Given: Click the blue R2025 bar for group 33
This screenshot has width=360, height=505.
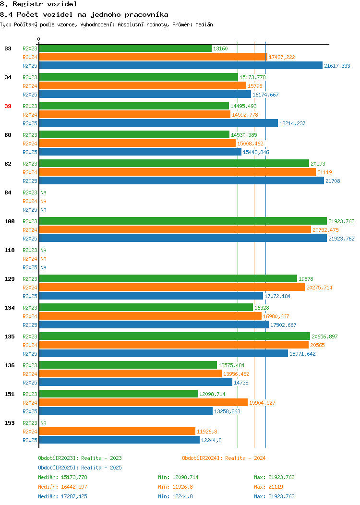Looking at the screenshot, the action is pos(180,65).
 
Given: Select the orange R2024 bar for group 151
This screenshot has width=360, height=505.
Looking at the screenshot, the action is pos(144,402).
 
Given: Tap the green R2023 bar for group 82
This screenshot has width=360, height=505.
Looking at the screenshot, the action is pos(174,163).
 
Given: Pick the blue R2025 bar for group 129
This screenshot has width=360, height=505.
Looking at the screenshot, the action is pos(151,296).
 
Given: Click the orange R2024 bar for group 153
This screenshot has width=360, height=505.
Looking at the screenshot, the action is pos(117,431).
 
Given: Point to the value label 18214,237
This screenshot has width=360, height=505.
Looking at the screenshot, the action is pos(292,123).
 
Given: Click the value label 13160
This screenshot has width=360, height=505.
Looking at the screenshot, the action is pos(220,48).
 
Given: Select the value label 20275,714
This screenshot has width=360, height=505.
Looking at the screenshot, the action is pos(319,288).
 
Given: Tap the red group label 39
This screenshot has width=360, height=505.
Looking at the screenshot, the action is pos(8,106).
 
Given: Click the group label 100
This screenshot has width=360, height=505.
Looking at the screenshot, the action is pos(10,221).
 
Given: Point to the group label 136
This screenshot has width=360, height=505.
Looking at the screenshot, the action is pos(10,365).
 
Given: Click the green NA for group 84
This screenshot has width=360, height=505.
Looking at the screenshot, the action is pos(44,192).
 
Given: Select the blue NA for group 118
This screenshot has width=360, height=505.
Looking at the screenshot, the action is pos(44,267).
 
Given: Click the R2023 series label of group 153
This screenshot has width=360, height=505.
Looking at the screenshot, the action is pos(30,423).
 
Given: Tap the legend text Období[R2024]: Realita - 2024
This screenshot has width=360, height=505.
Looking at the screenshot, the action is pos(224,458).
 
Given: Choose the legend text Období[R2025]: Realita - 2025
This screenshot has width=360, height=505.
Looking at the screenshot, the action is pos(80,468).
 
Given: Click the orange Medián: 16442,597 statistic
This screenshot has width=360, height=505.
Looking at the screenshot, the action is pos(62,487).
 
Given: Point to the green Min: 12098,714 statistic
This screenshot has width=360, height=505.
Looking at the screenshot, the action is pos(178,477).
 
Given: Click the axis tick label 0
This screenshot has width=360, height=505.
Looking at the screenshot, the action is pos(39,39).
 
